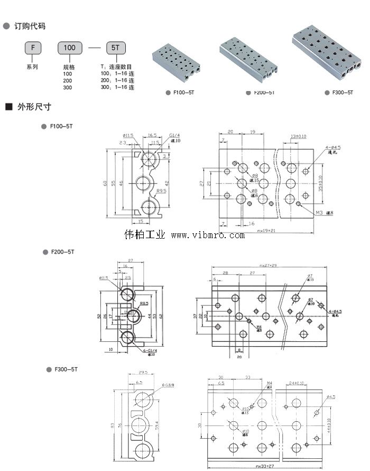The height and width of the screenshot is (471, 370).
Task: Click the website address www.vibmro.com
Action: coord(208,235)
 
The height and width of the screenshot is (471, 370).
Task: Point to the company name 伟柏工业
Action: coord(145,234)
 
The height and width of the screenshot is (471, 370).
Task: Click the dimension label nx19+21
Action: coord(267,231)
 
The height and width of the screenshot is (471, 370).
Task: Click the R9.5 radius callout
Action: coord(162,191)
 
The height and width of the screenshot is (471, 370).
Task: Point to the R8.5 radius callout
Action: coord(144,304)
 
